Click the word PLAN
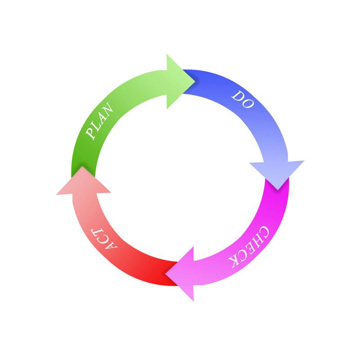coord(99,121)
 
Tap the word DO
coord(243,99)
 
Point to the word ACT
coord(104,239)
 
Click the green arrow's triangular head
coord(179,81)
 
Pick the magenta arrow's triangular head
coord(181,274)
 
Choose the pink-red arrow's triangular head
coord(83,181)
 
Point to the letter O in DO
coord(248,103)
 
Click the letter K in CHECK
coord(234,262)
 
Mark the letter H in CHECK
coord(259,240)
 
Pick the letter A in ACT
coord(111,246)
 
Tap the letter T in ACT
coord(96,232)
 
